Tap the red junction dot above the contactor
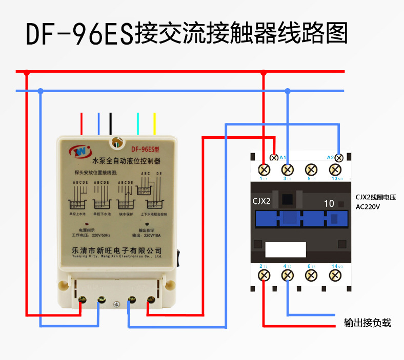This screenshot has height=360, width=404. coord(264,73)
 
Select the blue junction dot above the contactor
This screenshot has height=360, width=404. coord(288,91)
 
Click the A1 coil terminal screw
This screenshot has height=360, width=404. coord(274,157)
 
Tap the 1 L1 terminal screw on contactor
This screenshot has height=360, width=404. coord(265,169)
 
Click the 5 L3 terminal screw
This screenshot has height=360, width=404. coord(310,169)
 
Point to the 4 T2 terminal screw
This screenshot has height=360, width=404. coord(288,276)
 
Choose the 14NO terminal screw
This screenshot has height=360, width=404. coord(334,276)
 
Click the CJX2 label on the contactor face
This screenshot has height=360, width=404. coord(261,201)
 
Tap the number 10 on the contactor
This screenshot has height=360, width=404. coord(329,203)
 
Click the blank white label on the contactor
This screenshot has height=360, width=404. coord(286,249)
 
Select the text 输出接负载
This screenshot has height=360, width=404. coord(367,323)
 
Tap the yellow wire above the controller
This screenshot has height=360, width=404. coord(154,124)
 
